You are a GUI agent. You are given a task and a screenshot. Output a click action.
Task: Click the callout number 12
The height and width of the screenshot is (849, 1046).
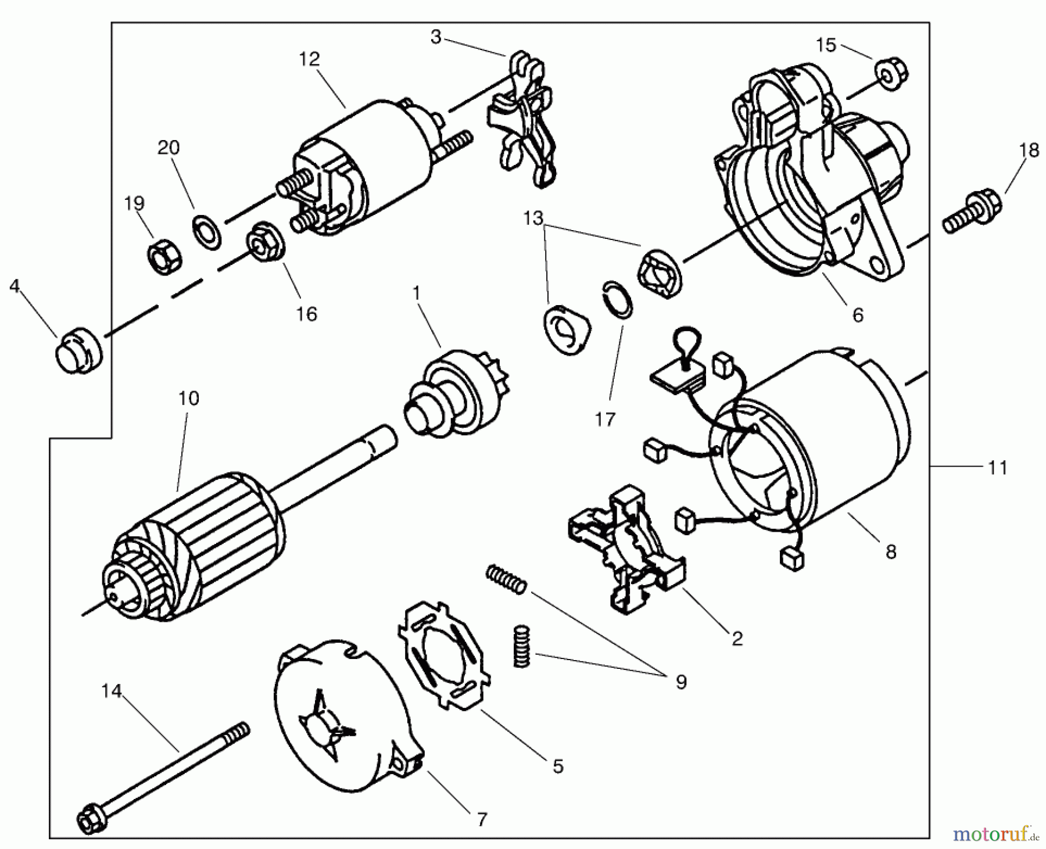pos(310,59)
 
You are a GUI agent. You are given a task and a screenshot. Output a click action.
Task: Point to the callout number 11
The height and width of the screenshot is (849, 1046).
pos(997,467)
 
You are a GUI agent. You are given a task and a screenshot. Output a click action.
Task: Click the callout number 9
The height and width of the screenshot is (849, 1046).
pos(681,682)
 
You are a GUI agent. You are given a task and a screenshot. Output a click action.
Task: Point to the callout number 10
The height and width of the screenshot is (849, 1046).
pos(189,399)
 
